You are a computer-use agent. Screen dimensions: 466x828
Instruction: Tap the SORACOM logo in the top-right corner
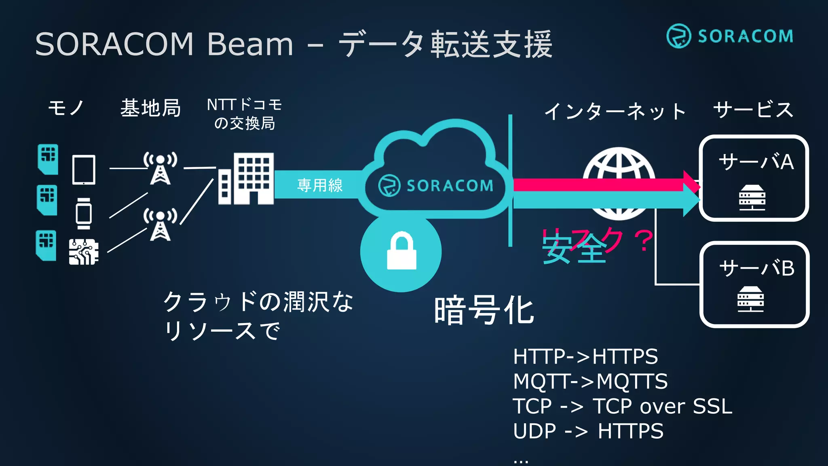point(730,36)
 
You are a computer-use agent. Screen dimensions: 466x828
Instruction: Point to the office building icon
point(246,178)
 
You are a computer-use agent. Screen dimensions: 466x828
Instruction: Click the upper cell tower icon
point(161,168)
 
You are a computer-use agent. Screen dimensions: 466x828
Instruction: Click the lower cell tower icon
point(161,225)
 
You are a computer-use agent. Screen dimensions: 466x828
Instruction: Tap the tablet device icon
point(84,170)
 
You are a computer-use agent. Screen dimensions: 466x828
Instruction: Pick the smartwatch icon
point(84,214)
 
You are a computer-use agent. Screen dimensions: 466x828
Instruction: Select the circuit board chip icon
point(84,252)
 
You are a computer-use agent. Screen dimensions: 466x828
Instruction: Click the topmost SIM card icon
point(48,159)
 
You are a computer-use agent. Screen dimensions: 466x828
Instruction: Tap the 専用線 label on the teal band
point(320,185)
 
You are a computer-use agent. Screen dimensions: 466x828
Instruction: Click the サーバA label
point(756,162)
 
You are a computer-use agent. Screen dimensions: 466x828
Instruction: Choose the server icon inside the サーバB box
point(750,299)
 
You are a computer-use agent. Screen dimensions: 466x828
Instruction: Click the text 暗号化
point(484,310)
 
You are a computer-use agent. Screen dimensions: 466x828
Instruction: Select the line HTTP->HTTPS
point(585,356)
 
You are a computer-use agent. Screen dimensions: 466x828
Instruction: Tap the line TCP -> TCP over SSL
point(622,406)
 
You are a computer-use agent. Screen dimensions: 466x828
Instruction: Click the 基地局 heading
point(150,108)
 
